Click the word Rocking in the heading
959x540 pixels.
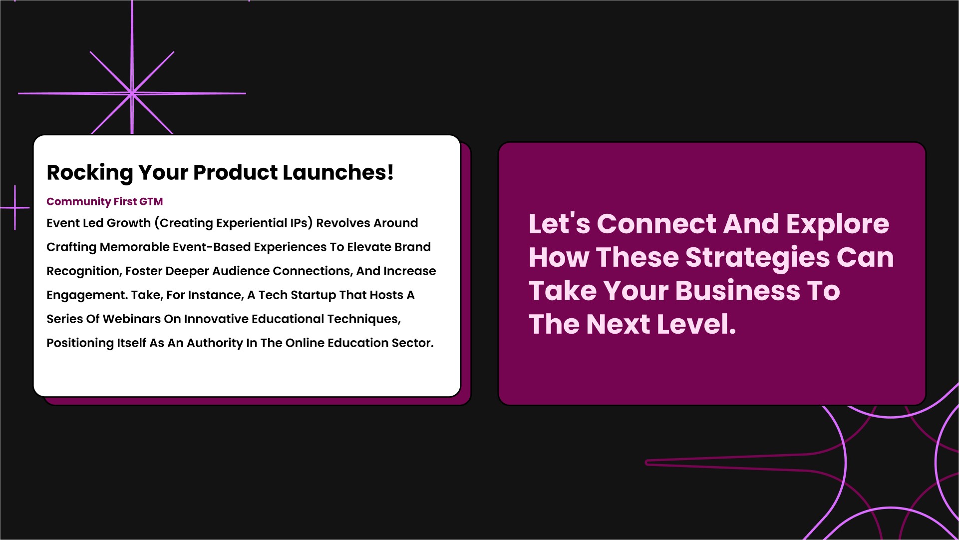(x=90, y=173)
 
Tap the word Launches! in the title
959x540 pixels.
(x=338, y=172)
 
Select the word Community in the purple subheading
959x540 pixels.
(x=78, y=202)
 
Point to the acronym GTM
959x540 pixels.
(x=151, y=201)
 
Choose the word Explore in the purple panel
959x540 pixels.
(x=838, y=224)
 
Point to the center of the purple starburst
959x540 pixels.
(x=132, y=93)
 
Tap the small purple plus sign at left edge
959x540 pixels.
(x=15, y=207)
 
